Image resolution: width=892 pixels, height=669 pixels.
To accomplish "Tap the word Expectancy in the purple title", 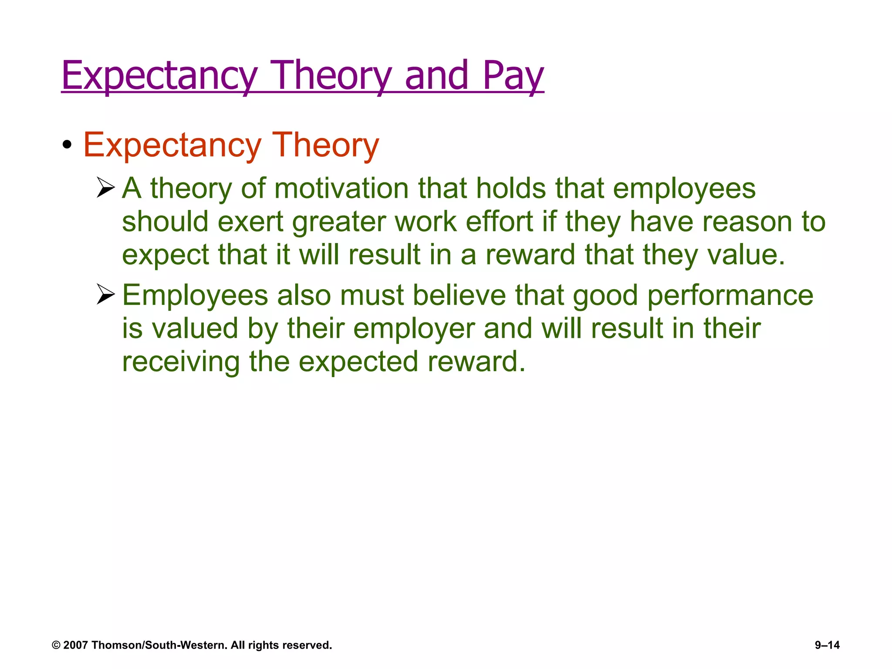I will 159,76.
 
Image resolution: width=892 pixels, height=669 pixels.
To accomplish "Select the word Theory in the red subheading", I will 325,145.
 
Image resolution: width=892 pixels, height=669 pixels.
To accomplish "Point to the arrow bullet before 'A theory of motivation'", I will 105,188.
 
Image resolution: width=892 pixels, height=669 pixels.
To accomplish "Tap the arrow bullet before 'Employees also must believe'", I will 105,294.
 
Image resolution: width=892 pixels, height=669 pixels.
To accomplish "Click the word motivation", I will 341,189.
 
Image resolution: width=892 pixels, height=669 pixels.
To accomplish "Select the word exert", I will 250,222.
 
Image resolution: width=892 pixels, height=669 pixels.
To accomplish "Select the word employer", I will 414,329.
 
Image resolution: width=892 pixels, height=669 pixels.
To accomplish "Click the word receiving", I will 181,362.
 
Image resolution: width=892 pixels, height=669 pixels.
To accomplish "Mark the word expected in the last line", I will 358,362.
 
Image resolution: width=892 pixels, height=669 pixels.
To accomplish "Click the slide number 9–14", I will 827,645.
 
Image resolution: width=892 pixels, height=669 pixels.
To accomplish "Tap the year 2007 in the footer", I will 76,645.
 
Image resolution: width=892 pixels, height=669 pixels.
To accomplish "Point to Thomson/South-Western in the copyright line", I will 159,645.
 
